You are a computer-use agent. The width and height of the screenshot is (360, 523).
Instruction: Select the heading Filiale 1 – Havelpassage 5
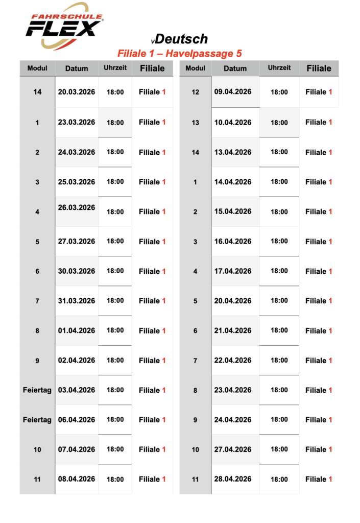(x=179, y=53)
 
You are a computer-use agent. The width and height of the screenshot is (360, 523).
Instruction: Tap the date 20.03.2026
(x=77, y=92)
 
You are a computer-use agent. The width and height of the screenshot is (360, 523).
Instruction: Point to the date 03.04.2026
(x=77, y=390)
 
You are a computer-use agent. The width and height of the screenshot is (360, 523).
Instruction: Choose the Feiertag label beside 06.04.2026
(x=37, y=420)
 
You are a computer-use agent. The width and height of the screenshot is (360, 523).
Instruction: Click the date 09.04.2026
(x=233, y=91)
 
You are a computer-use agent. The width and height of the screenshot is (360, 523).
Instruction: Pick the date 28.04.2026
(x=233, y=479)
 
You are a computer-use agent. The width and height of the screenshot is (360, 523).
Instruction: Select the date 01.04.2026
(x=77, y=330)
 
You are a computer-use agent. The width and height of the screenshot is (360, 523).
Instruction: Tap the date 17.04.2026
(x=233, y=271)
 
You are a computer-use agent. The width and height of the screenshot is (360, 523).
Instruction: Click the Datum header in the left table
(x=77, y=68)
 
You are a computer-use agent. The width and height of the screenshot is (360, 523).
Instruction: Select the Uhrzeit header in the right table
(x=279, y=68)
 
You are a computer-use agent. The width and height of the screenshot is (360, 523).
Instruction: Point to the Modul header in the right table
(x=195, y=68)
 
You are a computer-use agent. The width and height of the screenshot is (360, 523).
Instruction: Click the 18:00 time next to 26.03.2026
(x=115, y=211)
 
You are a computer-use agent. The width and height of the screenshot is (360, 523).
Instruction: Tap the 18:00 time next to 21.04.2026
(x=279, y=330)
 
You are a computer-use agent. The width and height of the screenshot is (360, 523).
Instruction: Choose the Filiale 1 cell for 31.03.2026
(x=152, y=301)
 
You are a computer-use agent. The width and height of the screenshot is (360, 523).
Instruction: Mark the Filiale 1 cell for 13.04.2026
(x=319, y=152)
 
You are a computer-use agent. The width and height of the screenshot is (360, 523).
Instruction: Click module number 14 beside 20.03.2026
(x=37, y=92)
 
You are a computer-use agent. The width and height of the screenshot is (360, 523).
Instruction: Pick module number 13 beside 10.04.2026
(x=195, y=123)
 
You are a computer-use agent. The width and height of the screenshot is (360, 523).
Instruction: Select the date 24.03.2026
(x=77, y=152)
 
